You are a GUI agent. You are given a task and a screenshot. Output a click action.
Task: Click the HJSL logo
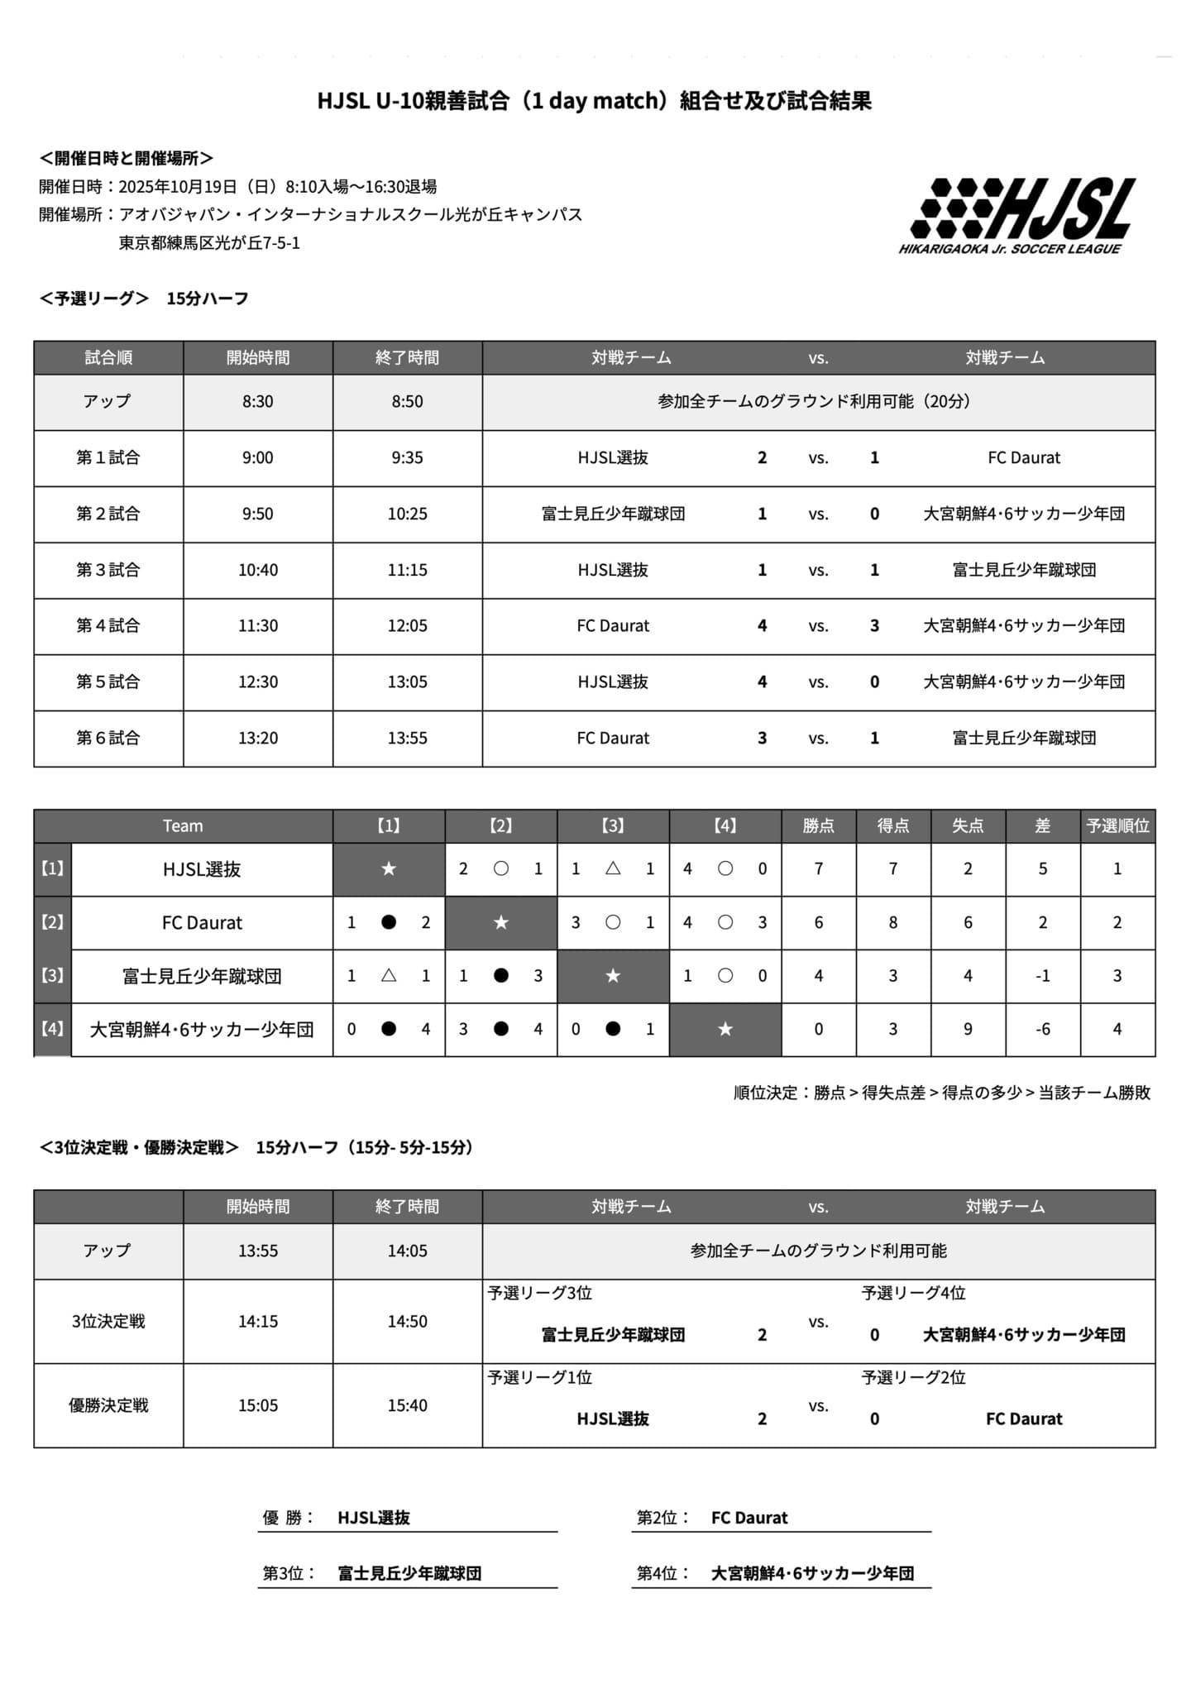[x=1021, y=215]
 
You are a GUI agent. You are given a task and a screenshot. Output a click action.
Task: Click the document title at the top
[x=594, y=101]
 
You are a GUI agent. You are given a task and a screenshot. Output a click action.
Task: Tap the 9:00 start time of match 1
[x=257, y=457]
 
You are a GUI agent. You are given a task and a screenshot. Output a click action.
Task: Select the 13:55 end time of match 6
[x=407, y=738]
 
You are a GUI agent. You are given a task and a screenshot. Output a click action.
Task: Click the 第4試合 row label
[x=108, y=625]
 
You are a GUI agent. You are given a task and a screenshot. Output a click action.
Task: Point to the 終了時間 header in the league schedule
[x=407, y=357]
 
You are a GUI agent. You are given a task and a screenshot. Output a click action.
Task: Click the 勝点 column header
[x=818, y=825]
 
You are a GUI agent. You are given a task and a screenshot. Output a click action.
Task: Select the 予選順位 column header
[x=1117, y=825]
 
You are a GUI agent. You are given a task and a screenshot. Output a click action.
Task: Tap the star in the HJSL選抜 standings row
[x=389, y=868]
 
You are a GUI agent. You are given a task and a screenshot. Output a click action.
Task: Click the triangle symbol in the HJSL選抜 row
[x=613, y=868]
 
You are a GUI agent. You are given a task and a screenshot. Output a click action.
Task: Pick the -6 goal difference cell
[x=1042, y=1029]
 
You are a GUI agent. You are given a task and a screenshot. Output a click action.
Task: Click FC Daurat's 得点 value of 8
[x=892, y=922]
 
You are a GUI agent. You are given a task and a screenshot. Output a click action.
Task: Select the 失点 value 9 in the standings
[x=968, y=1029]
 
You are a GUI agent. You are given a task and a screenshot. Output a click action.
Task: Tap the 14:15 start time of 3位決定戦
[x=257, y=1321]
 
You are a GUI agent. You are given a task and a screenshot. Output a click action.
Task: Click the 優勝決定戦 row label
[x=108, y=1405]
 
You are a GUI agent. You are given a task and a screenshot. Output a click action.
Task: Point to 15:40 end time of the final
[x=407, y=1405]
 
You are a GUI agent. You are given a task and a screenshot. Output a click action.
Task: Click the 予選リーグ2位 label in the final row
[x=913, y=1377]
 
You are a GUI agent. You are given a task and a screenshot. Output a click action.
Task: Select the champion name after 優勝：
[x=374, y=1518]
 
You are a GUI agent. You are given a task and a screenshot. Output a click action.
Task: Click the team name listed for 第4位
[x=812, y=1573]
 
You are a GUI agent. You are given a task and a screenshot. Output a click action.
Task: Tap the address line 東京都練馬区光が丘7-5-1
[x=209, y=243]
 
